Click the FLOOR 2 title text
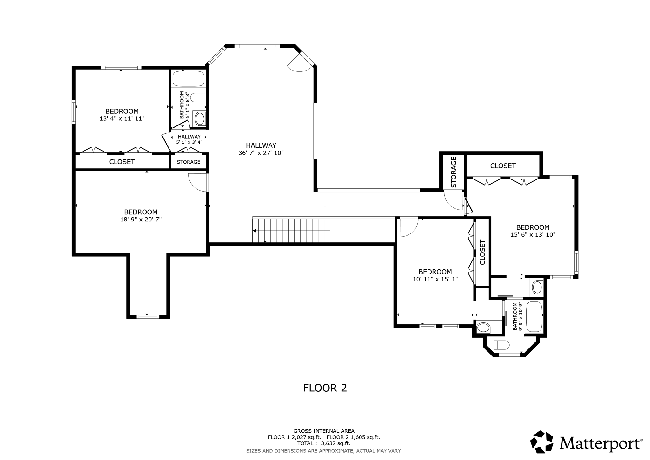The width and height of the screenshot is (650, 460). point(325,388)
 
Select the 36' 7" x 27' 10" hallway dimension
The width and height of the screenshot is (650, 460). point(261,153)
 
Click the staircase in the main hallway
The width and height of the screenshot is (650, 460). point(291,230)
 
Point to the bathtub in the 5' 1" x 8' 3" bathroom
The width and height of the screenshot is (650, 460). point(189,78)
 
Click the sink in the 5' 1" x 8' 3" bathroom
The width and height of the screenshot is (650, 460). point(200,119)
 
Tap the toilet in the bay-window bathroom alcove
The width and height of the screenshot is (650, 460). point(502,345)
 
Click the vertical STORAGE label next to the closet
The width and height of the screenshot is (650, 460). point(454,172)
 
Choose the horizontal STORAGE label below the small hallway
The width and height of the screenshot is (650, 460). point(189,162)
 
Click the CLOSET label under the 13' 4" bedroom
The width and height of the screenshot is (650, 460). point(122,162)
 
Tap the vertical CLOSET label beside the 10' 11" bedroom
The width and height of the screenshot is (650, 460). point(482,252)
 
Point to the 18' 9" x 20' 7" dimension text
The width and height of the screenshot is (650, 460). point(141,219)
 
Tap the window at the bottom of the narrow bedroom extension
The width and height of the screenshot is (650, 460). point(148,316)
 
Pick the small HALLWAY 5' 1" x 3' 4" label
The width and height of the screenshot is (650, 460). point(189,139)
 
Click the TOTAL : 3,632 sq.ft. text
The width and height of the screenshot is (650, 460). point(323,443)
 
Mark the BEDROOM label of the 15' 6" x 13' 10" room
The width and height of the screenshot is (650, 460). point(533,227)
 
